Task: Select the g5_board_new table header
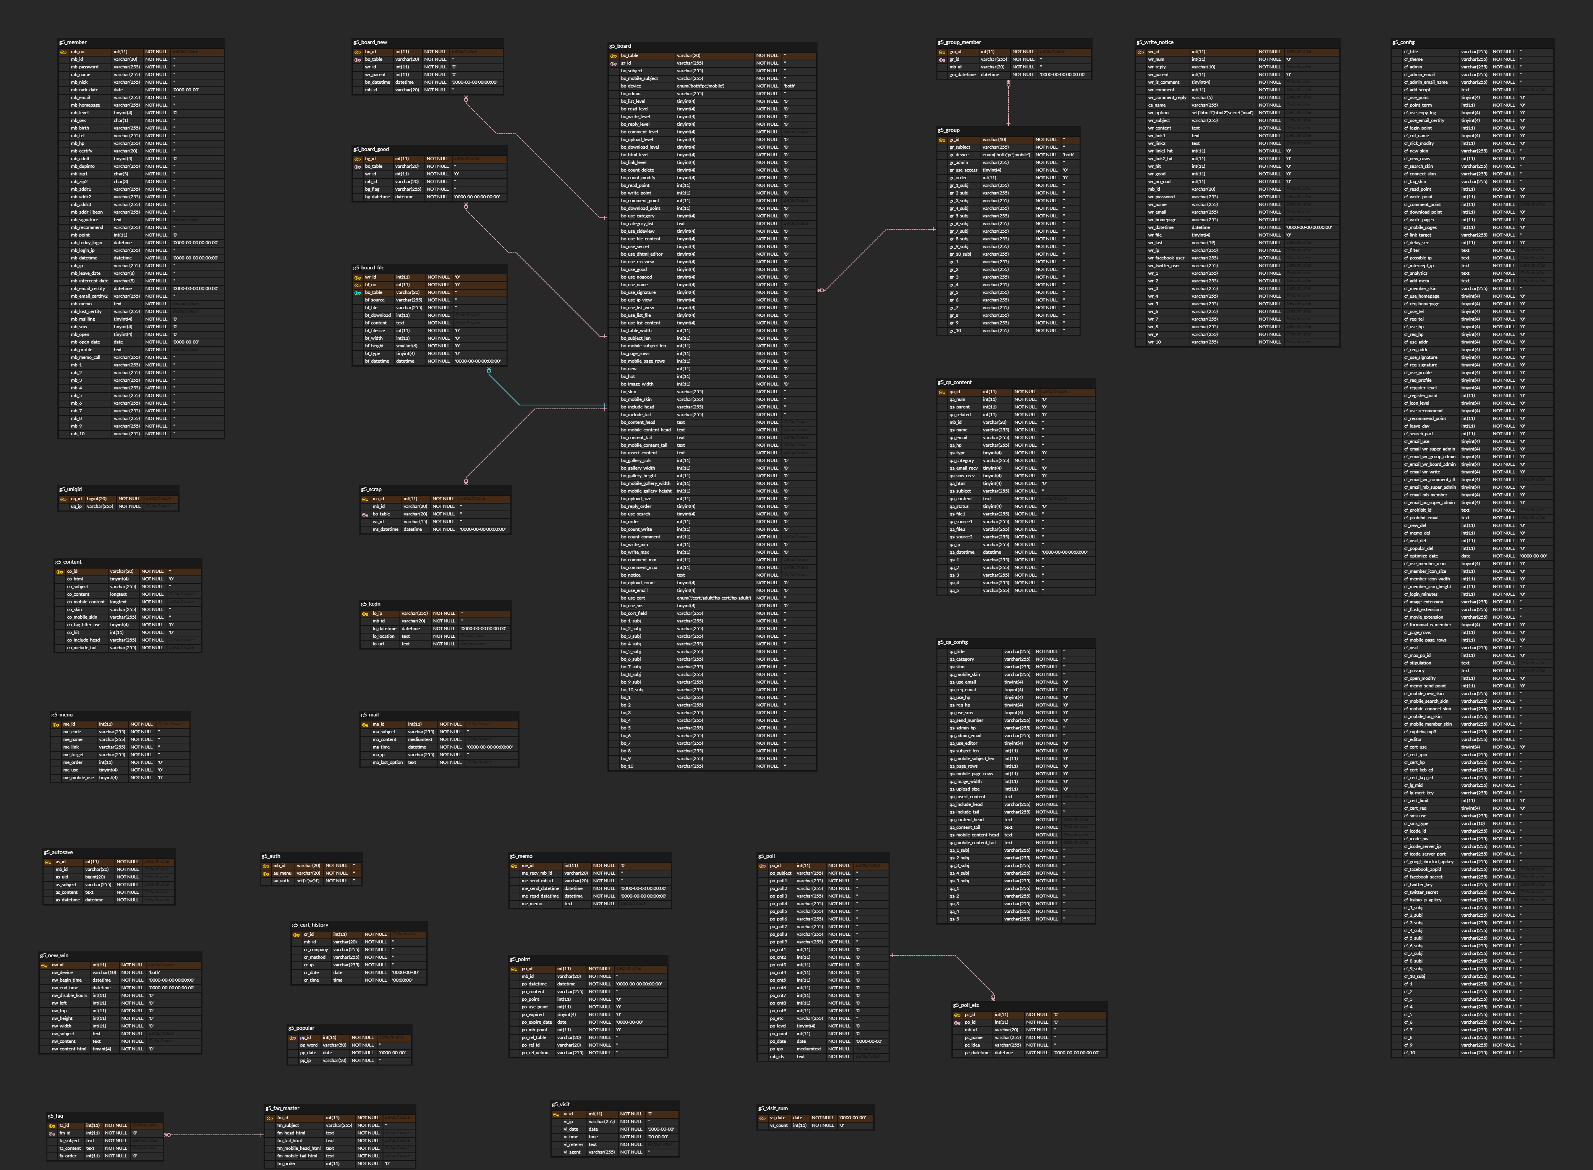pyautogui.click(x=370, y=42)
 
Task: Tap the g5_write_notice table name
pyautogui.click(x=1155, y=42)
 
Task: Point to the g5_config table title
pyautogui.click(x=1403, y=42)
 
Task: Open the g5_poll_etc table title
pyautogui.click(x=966, y=1005)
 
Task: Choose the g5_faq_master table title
pyautogui.click(x=282, y=1108)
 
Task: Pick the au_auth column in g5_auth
pyautogui.click(x=282, y=881)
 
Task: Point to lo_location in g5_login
pyautogui.click(x=384, y=636)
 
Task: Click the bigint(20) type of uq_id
pyautogui.click(x=97, y=499)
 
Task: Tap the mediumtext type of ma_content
pyautogui.click(x=420, y=739)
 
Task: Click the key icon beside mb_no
pyautogui.click(x=63, y=52)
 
